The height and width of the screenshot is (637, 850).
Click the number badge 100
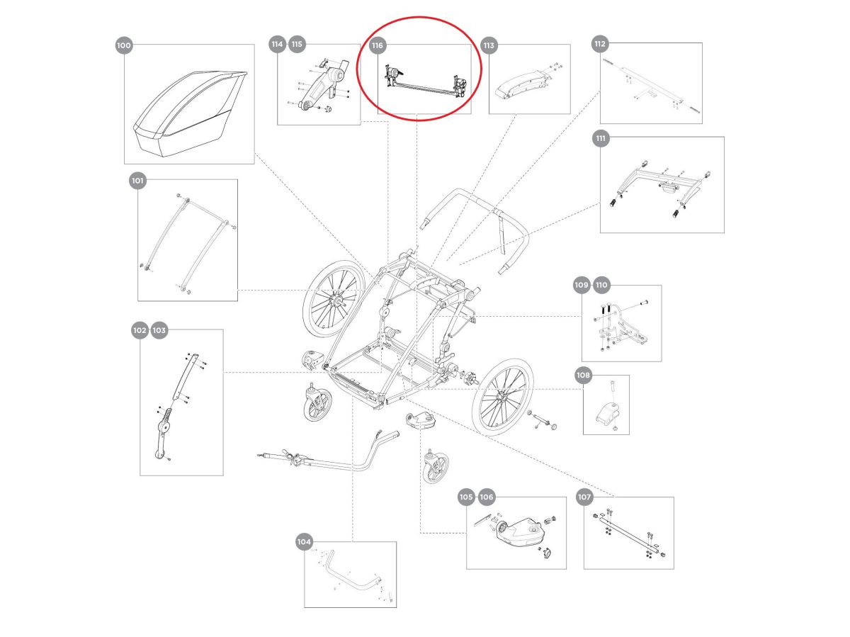pyautogui.click(x=124, y=45)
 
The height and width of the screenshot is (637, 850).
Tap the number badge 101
pyautogui.click(x=137, y=181)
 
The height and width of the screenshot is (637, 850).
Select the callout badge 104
pyautogui.click(x=304, y=542)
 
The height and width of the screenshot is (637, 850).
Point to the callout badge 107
pyautogui.click(x=584, y=497)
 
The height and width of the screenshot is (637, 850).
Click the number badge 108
pyautogui.click(x=583, y=375)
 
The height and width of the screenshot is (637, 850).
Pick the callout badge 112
pyautogui.click(x=600, y=44)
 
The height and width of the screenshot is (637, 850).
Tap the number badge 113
pyautogui.click(x=489, y=45)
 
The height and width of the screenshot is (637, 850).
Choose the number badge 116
pyautogui.click(x=378, y=45)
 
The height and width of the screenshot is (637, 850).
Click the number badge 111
pyautogui.click(x=601, y=139)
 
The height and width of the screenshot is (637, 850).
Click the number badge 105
pyautogui.click(x=466, y=497)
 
